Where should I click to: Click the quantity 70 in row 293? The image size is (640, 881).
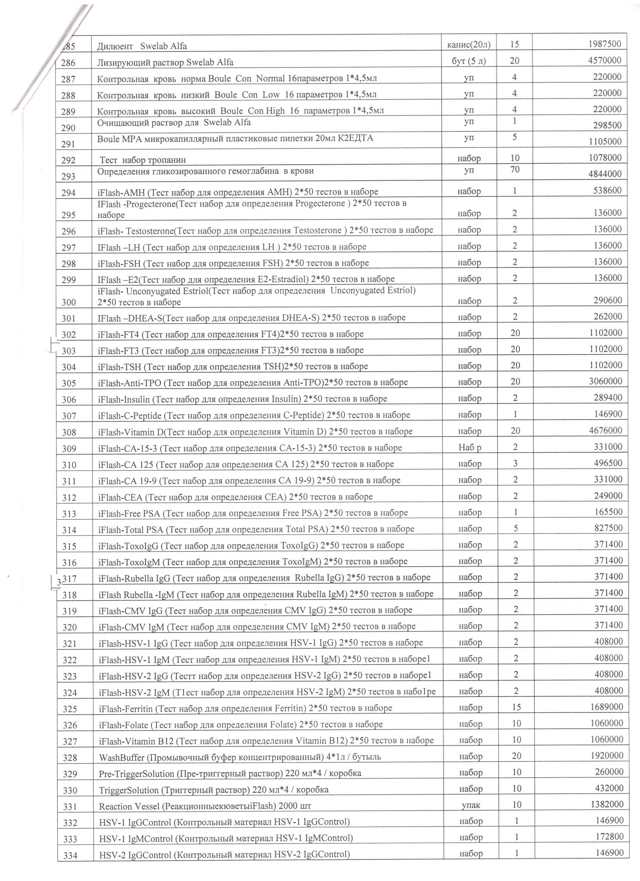pos(515,169)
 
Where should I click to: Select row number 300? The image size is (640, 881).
pos(69,302)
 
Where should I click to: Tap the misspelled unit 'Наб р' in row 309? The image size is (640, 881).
pos(470,448)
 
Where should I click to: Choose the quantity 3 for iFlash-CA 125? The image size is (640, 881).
pos(516,463)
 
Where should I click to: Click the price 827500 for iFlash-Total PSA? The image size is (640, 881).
pos(608,528)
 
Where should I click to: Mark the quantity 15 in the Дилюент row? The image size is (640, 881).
pos(514,44)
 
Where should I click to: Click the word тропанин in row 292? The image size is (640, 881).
pos(167,160)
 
